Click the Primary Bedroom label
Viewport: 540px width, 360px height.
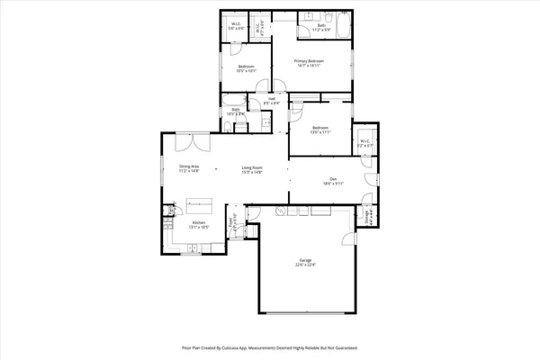pos(309,62)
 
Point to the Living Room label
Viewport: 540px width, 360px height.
pos(251,168)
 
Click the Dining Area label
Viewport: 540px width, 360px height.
pos(189,168)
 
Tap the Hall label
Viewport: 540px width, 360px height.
pos(271,101)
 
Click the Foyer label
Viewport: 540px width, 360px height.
pos(230,221)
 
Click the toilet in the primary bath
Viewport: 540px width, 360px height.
pos(306,18)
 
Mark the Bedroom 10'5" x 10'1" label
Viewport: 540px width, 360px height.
pos(247,68)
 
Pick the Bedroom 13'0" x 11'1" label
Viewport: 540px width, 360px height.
pos(320,130)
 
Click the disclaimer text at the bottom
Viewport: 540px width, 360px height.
pos(270,346)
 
